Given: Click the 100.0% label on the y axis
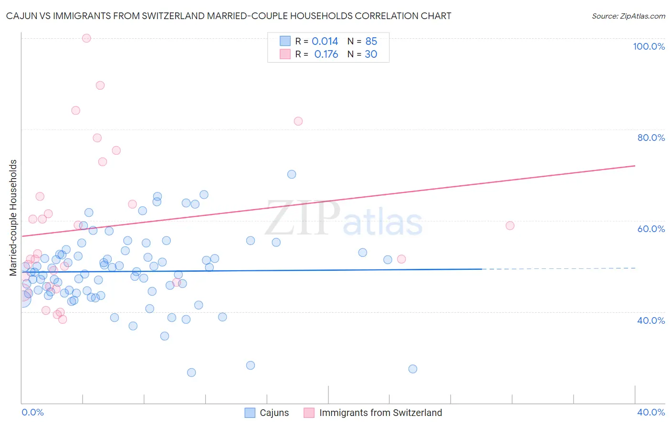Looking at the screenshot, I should (649, 46).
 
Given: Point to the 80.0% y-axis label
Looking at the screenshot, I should (651, 138).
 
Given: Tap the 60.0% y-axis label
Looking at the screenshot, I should (651, 229).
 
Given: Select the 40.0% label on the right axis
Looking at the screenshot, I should (651, 320).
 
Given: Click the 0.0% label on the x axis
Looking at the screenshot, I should (32, 412).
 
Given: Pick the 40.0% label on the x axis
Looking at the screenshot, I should (651, 412).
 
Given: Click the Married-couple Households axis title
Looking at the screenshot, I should (13, 218).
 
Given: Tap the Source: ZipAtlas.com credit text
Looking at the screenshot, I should (629, 16).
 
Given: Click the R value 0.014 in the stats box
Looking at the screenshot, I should (325, 41).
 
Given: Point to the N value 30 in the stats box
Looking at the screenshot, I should (371, 54).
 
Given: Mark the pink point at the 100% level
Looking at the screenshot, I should (86, 38).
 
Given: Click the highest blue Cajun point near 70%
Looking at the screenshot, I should (292, 174).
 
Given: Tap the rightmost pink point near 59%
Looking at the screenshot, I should (510, 225).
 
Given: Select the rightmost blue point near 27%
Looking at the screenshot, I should (413, 369).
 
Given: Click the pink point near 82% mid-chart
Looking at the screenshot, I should (298, 121).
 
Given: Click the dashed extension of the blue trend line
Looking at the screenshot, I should (558, 268).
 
